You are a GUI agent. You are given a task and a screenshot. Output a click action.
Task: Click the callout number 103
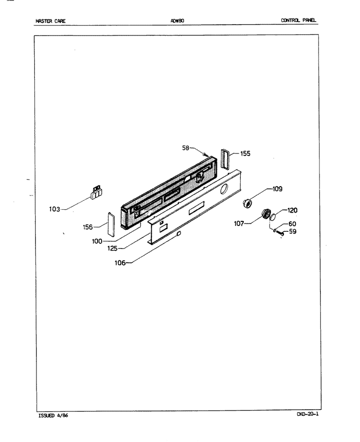pos(54,209)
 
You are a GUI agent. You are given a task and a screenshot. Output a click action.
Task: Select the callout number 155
pos(245,153)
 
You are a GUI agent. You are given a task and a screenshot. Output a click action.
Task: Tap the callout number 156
pos(88,227)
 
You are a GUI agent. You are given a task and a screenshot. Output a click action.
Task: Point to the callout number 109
pos(277,189)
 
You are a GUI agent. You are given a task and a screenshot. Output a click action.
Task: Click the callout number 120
pos(292,210)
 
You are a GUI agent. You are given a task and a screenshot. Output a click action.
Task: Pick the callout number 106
pos(120,263)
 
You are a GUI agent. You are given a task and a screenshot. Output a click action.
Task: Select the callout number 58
pos(185,148)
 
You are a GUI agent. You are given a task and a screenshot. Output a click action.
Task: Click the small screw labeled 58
pos(206,154)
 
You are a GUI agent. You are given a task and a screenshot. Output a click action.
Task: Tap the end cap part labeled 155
pos(225,159)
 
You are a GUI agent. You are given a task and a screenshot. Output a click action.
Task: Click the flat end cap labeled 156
pos(111,224)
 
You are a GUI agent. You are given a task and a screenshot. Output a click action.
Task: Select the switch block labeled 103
pos(96,192)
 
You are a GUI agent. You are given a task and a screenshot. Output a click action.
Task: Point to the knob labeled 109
pos(247,203)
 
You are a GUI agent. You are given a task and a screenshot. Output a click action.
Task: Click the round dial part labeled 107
pos(266,214)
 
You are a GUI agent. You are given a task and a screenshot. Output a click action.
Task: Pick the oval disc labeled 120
pos(273,217)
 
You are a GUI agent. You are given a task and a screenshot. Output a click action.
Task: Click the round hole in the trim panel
pos(224,189)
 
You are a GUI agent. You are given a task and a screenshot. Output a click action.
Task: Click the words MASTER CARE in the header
pos(50,21)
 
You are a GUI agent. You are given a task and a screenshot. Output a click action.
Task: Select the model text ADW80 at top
pos(177,21)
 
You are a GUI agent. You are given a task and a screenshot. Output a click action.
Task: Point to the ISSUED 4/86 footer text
pos(53,415)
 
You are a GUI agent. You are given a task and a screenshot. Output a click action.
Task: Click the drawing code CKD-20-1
pos(307,414)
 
